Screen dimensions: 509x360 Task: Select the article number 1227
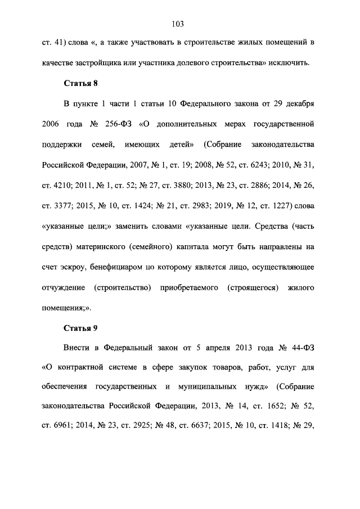[275, 204]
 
